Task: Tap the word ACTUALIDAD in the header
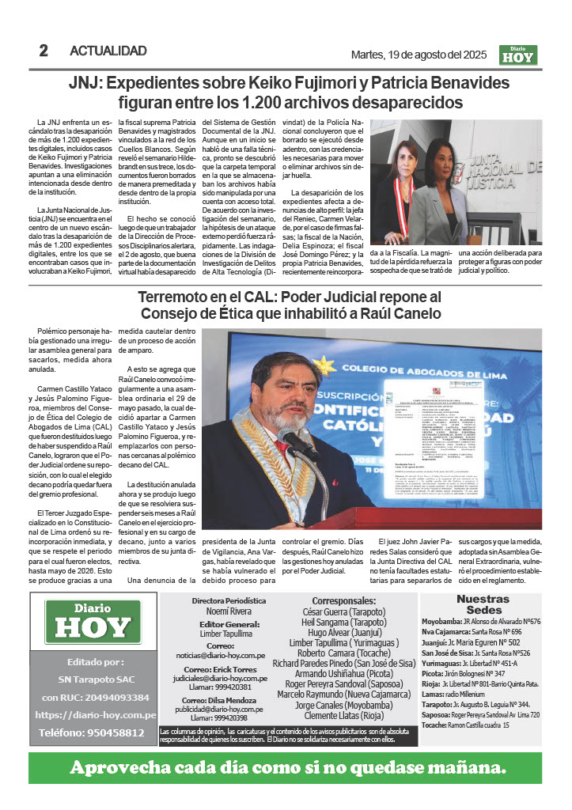(x=108, y=51)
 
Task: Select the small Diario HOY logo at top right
(x=518, y=55)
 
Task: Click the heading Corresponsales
(x=349, y=600)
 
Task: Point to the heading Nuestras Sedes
(x=483, y=604)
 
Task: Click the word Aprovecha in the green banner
(x=123, y=767)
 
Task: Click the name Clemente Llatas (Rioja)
(x=350, y=715)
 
